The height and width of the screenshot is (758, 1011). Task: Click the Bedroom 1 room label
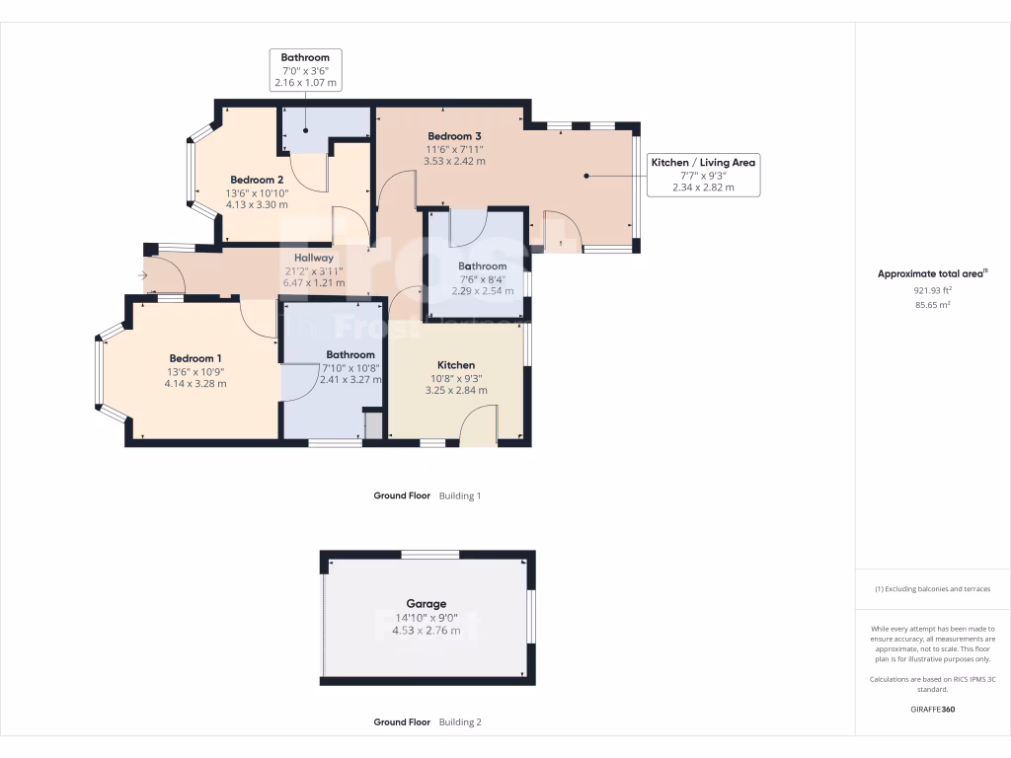click(195, 358)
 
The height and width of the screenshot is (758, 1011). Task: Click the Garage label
click(427, 604)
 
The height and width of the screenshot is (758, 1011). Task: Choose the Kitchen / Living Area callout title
click(703, 162)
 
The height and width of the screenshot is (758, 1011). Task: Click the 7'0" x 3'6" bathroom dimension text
click(305, 71)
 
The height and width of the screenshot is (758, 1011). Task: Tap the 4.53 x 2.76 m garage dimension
click(427, 630)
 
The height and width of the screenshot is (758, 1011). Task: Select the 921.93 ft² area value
click(932, 291)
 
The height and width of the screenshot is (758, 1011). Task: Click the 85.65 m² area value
click(932, 305)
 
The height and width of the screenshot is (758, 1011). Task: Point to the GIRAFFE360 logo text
click(932, 710)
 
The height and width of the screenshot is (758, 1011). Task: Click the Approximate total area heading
click(932, 274)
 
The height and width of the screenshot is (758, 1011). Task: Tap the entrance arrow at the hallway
click(144, 275)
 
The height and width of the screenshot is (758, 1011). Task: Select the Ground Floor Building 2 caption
click(427, 722)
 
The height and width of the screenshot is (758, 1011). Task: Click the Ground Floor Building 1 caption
click(427, 496)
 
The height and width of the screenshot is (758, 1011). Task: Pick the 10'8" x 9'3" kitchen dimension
click(455, 378)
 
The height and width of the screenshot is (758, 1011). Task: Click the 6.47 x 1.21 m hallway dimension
click(315, 282)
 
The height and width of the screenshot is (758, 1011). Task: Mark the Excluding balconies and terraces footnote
click(932, 589)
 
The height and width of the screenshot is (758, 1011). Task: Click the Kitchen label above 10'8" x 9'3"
click(455, 365)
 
